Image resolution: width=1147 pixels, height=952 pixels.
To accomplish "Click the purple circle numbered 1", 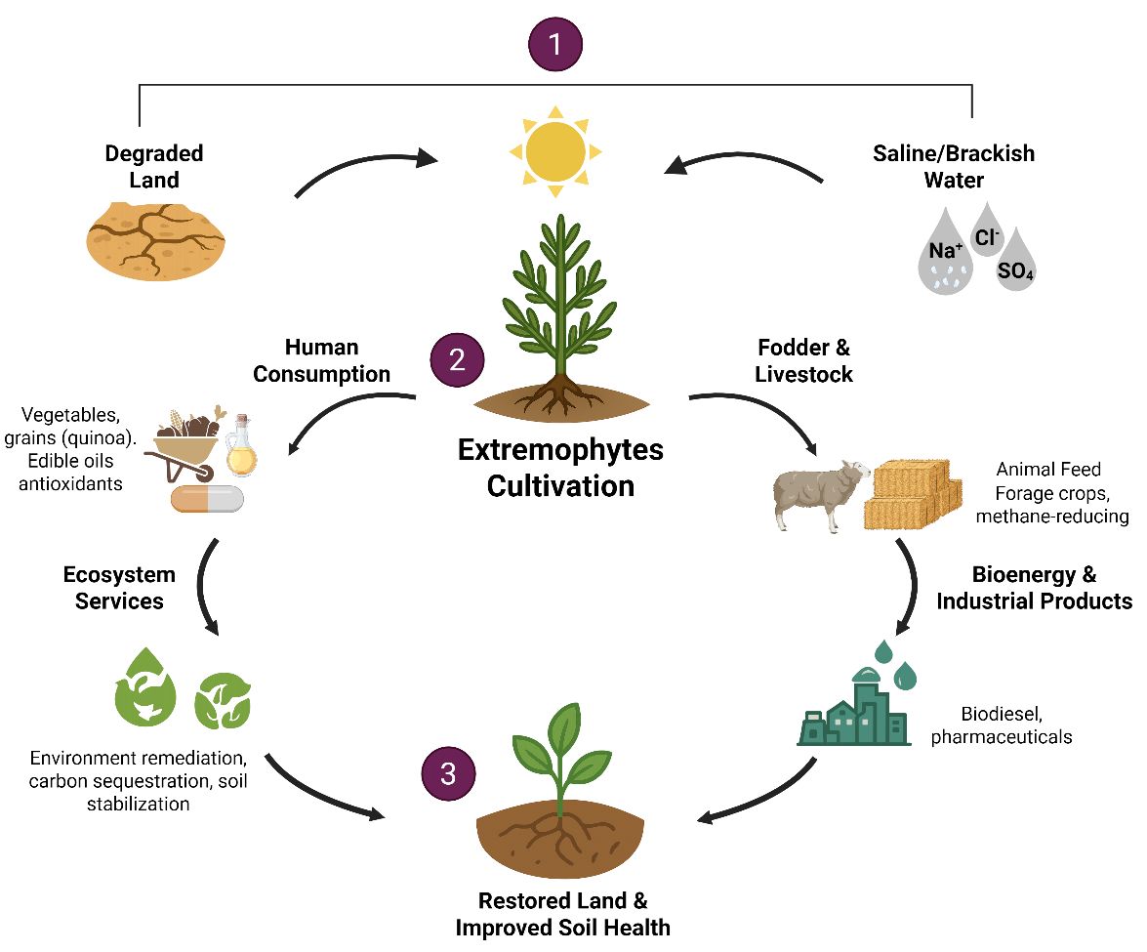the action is tap(555, 44).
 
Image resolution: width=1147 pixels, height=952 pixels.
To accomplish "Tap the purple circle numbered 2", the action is tap(457, 360).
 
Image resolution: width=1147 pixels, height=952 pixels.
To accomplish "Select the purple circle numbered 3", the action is tap(448, 773).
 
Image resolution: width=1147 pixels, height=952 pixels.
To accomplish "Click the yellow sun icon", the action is tap(555, 151).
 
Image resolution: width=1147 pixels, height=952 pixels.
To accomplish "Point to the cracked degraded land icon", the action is tap(155, 241).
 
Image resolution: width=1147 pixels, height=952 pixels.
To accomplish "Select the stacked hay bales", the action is tap(913, 494).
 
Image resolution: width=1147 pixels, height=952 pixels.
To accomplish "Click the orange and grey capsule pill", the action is tap(207, 499).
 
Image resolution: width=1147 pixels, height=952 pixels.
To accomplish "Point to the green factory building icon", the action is tap(854, 707).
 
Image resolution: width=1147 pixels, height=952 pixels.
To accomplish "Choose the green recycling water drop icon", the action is tap(145, 687).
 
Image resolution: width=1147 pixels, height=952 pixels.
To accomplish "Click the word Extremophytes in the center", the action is tap(560, 450).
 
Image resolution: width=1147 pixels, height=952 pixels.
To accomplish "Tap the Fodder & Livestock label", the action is tap(804, 360).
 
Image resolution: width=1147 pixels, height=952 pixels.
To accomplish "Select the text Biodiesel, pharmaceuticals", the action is tap(1002, 724).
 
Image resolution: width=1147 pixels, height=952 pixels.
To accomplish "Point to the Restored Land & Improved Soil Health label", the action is tap(562, 914).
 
